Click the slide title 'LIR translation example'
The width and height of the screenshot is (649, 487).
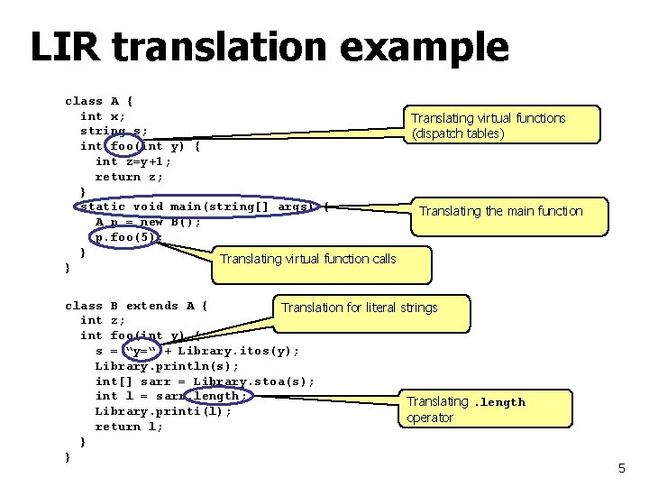pyautogui.click(x=269, y=47)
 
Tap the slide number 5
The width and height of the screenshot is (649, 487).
pyautogui.click(x=621, y=468)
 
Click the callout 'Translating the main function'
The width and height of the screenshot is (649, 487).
pyautogui.click(x=501, y=211)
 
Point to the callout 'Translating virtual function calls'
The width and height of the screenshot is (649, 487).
pyautogui.click(x=308, y=259)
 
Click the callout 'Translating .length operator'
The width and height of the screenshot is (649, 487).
pyautogui.click(x=466, y=409)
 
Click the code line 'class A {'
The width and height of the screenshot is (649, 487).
pyautogui.click(x=99, y=101)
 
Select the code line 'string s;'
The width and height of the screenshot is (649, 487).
pyautogui.click(x=114, y=131)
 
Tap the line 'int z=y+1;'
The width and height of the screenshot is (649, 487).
pyautogui.click(x=133, y=161)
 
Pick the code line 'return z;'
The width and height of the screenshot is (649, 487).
pyautogui.click(x=130, y=177)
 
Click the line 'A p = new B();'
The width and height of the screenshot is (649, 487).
pyautogui.click(x=148, y=222)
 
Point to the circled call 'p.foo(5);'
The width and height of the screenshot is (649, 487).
pyautogui.click(x=129, y=237)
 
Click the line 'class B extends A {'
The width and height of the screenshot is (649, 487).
pyautogui.click(x=136, y=306)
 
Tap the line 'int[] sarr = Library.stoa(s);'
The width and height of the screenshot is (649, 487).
pyautogui.click(x=205, y=381)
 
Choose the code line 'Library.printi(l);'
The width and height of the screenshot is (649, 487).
pyautogui.click(x=163, y=411)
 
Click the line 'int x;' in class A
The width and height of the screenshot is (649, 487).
pyautogui.click(x=103, y=116)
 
